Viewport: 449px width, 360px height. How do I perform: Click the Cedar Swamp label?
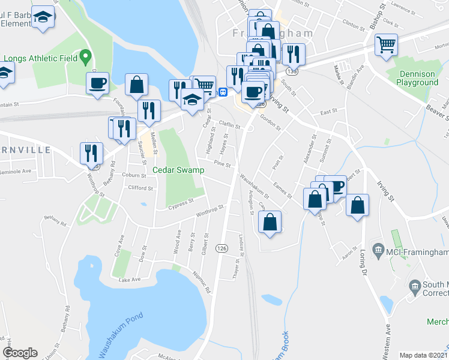coord(178,170)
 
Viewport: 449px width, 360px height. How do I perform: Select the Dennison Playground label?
coord(417,78)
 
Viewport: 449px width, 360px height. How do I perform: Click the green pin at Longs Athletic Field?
coord(85,58)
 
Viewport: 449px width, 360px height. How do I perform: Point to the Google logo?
coord(20,353)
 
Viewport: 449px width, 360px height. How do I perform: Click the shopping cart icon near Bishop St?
coord(386,44)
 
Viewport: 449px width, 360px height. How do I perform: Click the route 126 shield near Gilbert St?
coord(222,248)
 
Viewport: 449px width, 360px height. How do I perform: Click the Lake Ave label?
coord(129,280)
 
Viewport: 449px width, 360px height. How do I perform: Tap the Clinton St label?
coord(352,24)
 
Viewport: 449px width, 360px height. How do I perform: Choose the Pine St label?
coord(222,164)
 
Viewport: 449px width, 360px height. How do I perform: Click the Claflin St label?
coord(229,125)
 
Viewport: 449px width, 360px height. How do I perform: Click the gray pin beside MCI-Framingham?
coord(378,248)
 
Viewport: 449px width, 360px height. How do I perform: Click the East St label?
coord(328,112)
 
